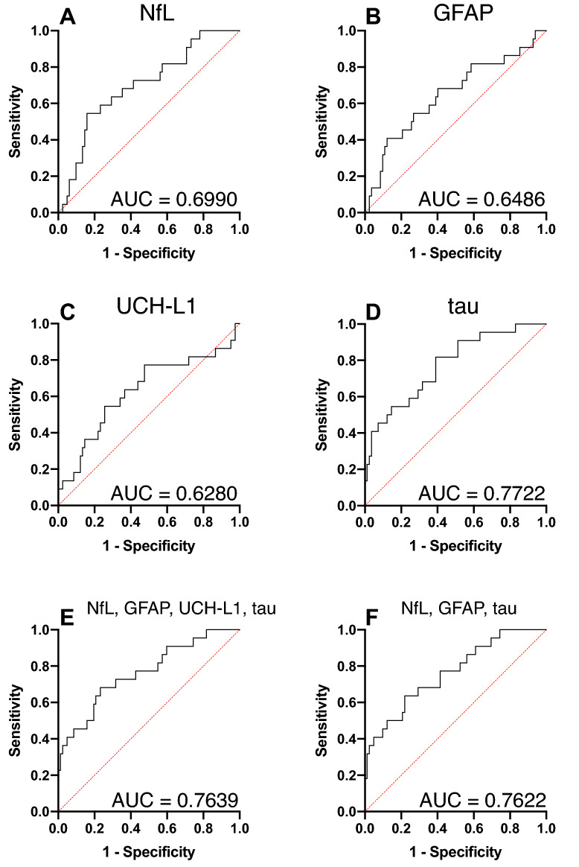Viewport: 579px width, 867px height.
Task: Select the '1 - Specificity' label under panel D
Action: point(455,546)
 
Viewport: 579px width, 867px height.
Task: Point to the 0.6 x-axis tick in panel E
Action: point(167,826)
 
